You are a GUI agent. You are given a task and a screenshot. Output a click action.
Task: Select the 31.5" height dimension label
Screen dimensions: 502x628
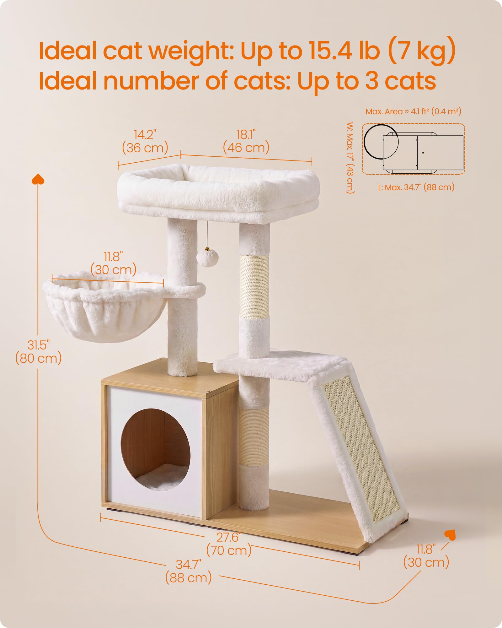tap(38, 352)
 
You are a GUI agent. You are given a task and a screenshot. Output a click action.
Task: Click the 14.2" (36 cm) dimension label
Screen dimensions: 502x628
tap(145, 141)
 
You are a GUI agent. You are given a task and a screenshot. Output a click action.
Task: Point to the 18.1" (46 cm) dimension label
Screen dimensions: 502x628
tap(246, 141)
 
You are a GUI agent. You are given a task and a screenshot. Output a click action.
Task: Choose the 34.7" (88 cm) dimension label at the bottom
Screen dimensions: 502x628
tap(189, 571)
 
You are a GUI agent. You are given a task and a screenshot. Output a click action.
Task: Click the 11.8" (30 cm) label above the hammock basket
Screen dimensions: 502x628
tap(113, 263)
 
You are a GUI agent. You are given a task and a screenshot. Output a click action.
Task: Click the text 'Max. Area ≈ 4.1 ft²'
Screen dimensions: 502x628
tap(396, 111)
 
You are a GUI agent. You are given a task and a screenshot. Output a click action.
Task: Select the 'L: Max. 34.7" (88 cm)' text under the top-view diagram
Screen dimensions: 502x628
tap(416, 187)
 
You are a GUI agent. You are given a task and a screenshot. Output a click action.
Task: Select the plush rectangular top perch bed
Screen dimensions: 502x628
tap(218, 192)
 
